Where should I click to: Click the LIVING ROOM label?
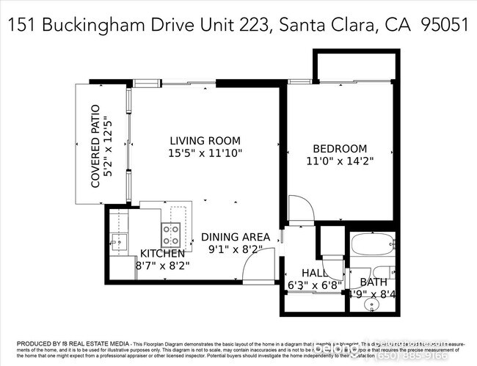click(205, 141)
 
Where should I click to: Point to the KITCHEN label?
click(162, 254)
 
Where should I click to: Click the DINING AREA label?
click(235, 237)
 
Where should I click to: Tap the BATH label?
click(374, 282)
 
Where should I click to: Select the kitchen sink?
click(118, 241)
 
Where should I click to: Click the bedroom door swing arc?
click(301, 208)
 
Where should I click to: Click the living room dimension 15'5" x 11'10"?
click(205, 153)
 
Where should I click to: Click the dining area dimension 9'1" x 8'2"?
click(235, 249)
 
